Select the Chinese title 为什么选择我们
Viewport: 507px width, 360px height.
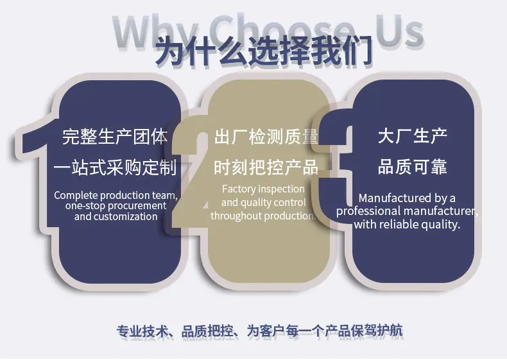(x=264, y=52)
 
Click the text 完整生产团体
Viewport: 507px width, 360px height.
(x=115, y=137)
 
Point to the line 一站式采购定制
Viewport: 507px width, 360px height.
(x=115, y=167)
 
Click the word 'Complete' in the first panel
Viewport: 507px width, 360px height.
(x=76, y=196)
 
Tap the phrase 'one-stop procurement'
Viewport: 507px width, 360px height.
(x=116, y=206)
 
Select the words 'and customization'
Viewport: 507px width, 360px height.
(x=116, y=216)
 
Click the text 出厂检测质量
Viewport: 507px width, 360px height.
(x=266, y=137)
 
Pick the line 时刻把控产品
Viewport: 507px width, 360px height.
(x=266, y=167)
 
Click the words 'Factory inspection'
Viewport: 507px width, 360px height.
(x=263, y=189)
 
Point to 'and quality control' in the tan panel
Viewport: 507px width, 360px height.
(x=263, y=203)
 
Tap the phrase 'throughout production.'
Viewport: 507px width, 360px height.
(x=263, y=216)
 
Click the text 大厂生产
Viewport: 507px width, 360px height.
(x=412, y=136)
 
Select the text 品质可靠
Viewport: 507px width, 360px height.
(x=412, y=167)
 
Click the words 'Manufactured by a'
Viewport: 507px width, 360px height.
(x=407, y=198)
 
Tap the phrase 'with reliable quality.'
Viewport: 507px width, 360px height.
(x=407, y=224)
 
